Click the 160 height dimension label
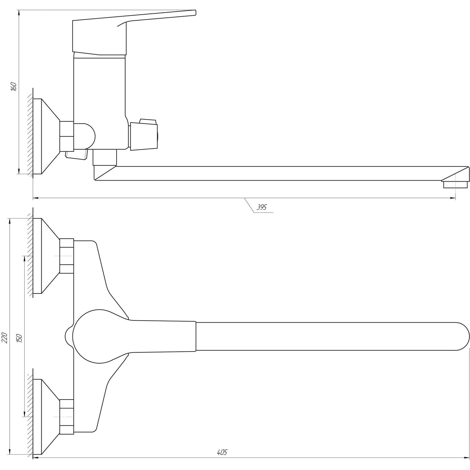click(x=14, y=86)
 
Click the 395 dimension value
click(x=262, y=207)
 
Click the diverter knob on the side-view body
click(x=143, y=135)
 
